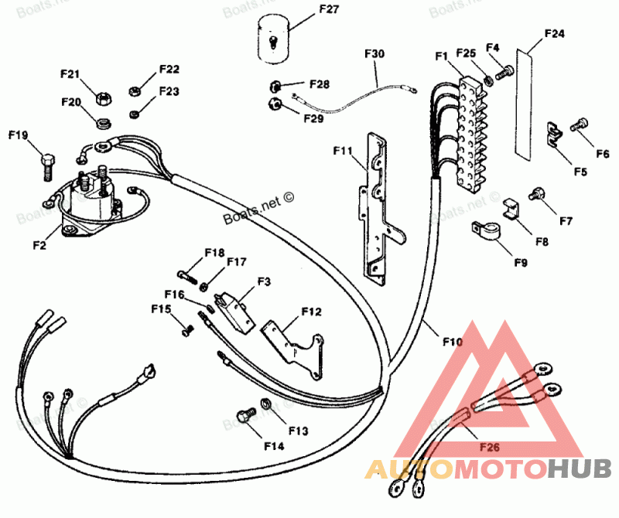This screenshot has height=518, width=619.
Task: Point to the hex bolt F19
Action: [x=46, y=162]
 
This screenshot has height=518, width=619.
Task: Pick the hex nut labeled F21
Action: [x=101, y=98]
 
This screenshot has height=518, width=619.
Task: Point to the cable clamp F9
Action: [x=485, y=230]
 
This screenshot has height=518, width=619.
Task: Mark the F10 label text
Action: [x=453, y=340]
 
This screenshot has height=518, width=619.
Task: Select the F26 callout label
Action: [x=489, y=445]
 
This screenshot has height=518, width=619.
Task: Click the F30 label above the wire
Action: [x=374, y=53]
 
